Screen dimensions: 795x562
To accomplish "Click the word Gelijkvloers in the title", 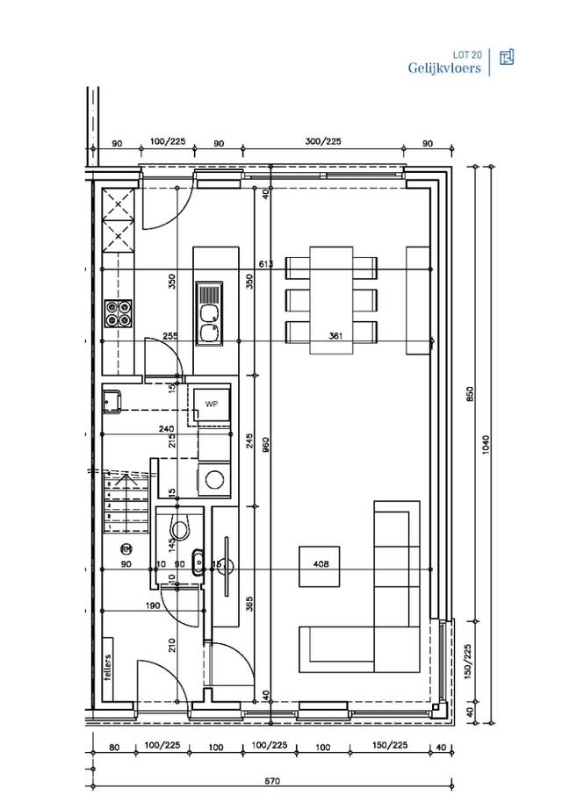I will coord(443,68).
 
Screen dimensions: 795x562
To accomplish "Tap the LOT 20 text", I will coord(465,54).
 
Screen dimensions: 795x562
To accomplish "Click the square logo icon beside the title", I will coord(506,58).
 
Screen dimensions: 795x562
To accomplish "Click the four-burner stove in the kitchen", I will coord(119,313).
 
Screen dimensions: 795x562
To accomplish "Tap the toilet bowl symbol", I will coord(181,529).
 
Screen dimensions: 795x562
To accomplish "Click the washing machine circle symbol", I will coord(213,479).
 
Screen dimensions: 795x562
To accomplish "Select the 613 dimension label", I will coord(267,263).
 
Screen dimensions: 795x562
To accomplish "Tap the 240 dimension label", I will coord(166,429).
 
